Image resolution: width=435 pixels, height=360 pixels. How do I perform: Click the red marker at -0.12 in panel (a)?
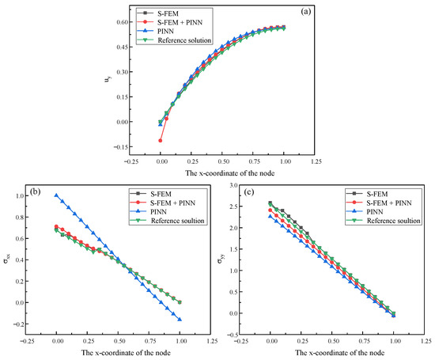coord(161,141)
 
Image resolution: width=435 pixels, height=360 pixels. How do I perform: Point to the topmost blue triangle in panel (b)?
coord(56,195)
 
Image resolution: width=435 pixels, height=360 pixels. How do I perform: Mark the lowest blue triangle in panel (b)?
coord(180,320)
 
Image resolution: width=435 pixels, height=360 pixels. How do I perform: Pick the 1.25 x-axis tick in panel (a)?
coord(316,160)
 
